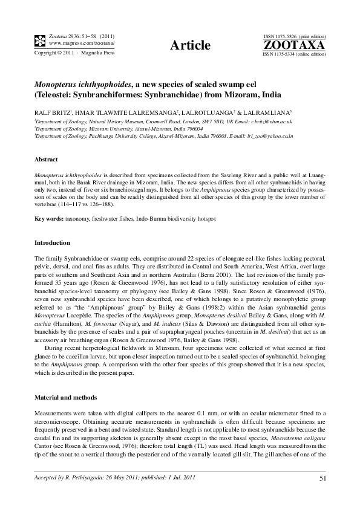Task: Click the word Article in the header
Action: tap(191, 45)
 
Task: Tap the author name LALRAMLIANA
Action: tap(253, 112)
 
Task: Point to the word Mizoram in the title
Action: tap(235, 96)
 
